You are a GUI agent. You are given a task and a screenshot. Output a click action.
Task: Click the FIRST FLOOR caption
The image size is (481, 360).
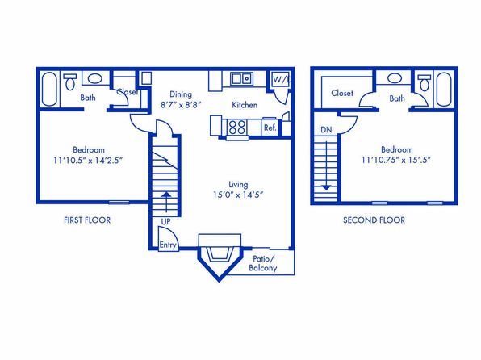click(x=87, y=220)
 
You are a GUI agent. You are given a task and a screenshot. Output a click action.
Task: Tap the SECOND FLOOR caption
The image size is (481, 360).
click(x=374, y=220)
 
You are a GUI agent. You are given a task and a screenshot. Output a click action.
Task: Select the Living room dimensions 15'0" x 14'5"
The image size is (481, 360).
click(x=238, y=195)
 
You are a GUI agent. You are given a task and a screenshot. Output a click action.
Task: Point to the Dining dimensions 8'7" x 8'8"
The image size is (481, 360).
click(x=181, y=105)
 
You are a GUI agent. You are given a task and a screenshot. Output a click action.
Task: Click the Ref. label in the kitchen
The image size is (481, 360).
click(x=270, y=128)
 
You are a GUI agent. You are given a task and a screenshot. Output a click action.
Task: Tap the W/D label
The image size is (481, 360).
click(x=282, y=80)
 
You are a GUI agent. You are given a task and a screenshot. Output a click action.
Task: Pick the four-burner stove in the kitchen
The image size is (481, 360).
click(x=237, y=127)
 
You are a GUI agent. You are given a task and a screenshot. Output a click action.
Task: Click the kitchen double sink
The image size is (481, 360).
click(x=242, y=79)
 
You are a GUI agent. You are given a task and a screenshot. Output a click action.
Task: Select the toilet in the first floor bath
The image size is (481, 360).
click(x=70, y=82)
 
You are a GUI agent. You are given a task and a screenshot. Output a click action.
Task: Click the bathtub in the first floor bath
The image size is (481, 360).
click(x=49, y=89)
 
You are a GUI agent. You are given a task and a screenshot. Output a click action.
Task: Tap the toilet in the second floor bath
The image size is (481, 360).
click(x=425, y=82)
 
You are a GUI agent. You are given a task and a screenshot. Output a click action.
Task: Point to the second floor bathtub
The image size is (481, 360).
click(x=444, y=90)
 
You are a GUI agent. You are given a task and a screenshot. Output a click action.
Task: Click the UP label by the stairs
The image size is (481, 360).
click(x=165, y=222)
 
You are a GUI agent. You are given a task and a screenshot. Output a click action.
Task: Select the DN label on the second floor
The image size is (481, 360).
click(x=326, y=130)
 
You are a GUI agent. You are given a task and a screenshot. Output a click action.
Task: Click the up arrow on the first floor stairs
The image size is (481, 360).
click(x=166, y=202)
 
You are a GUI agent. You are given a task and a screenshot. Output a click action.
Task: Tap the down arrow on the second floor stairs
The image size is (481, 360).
click(x=326, y=165)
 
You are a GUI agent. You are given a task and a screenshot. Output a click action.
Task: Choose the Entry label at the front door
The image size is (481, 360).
click(x=168, y=245)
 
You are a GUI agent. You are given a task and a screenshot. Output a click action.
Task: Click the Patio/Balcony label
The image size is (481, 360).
click(x=263, y=264)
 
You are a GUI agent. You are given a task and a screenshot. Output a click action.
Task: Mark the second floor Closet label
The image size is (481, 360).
click(x=342, y=93)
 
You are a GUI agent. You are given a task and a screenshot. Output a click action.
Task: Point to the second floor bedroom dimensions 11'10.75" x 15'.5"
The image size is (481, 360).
click(x=396, y=160)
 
